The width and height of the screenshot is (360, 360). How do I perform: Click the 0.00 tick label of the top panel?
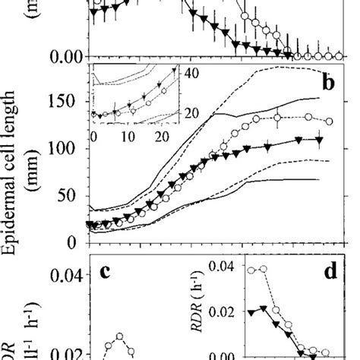click(x=64, y=56)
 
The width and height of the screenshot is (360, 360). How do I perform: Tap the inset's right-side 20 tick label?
click(x=193, y=113)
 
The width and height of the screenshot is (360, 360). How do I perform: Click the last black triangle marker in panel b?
click(x=319, y=140)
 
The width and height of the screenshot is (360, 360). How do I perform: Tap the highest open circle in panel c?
click(x=119, y=336)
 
